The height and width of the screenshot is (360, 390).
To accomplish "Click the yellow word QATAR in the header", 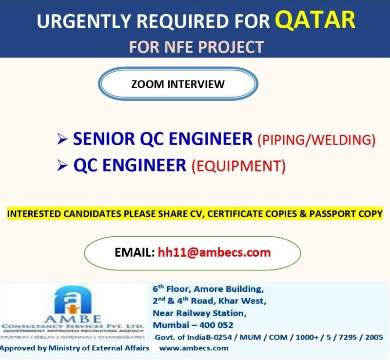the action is point(315,20).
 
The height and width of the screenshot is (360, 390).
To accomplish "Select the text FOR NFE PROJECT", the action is point(196,47).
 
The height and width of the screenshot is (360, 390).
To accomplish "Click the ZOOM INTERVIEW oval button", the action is point(178,84).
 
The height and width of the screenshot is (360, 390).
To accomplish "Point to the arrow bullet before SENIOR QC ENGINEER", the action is point(62,139).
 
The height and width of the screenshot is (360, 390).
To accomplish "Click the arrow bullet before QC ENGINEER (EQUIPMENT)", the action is point(62,165).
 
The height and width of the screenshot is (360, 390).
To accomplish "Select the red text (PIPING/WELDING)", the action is point(316,140).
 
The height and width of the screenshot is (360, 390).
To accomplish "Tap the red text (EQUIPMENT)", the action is point(238,166).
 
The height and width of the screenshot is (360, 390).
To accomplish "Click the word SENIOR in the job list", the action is point(104,139).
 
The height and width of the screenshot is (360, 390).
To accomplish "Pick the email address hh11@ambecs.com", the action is point(214,252).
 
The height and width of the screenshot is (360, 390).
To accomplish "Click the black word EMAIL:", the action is point(135,252).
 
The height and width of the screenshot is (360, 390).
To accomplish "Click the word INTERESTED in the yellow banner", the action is point(34,214).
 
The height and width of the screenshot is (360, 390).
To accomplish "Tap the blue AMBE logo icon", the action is point(73,300).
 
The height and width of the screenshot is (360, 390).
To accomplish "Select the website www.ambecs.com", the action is point(194,348).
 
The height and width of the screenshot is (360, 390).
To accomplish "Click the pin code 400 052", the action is point(216,325).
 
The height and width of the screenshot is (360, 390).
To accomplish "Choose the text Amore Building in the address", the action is point(229,289).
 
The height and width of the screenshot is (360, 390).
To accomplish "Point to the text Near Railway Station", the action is point(200,313).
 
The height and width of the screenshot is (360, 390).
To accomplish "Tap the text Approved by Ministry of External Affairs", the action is point(75,348).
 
